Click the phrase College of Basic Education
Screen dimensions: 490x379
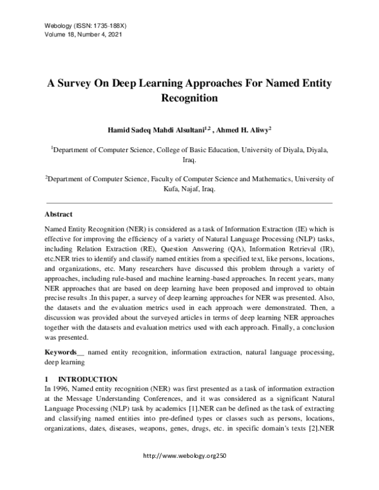[205, 151]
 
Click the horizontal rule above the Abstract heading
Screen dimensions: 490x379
[189, 203]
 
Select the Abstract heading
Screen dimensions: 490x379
[59, 215]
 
